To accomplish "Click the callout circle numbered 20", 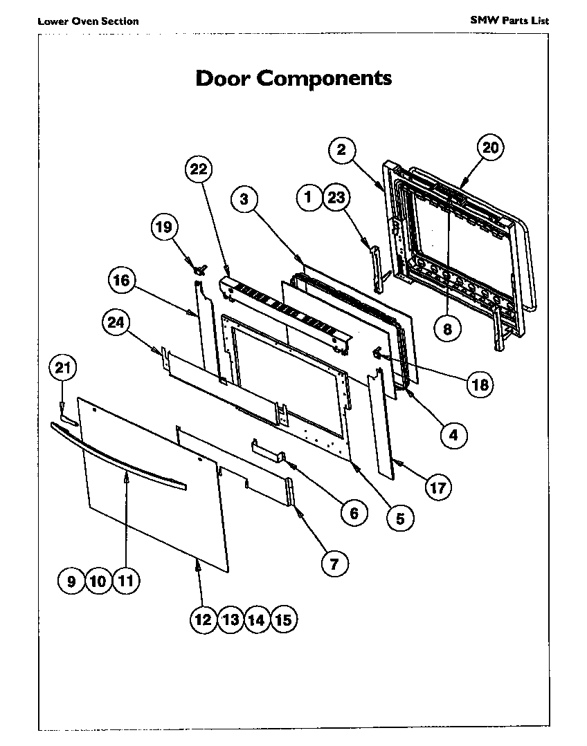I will point(490,147).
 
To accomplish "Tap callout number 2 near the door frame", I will point(342,149).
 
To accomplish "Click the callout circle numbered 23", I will point(336,198).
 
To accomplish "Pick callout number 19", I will point(165,227).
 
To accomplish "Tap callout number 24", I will point(116,321).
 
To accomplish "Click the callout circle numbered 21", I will point(63,369).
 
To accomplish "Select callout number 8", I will point(447,329).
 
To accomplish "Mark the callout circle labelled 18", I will point(479,384).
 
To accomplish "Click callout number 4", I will point(453,435).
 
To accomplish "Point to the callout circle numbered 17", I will point(437,487).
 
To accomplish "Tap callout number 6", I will point(353,512).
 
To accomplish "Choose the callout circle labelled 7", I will point(334,564).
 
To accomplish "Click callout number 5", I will point(400,517).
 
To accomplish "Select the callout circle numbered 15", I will point(282,619).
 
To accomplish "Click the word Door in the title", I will point(223,77).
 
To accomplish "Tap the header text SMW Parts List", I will point(509,21).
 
